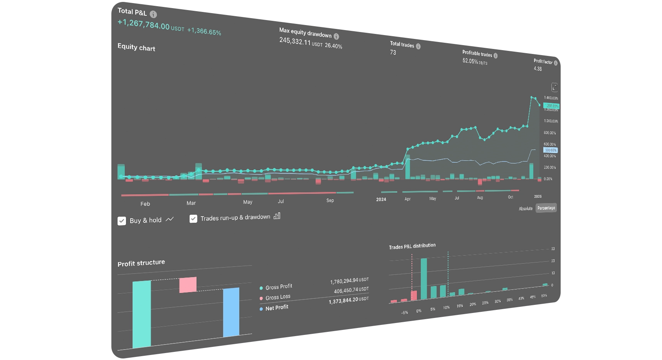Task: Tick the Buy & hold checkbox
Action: [122, 221]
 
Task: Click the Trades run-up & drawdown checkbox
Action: [193, 219]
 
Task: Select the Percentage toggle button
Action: [546, 208]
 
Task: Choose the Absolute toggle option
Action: [525, 209]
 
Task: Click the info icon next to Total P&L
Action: [153, 14]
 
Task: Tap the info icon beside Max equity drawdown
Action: [336, 36]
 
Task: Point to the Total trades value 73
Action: [393, 52]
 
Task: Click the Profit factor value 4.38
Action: [538, 69]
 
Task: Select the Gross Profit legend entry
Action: [279, 287]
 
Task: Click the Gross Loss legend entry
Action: [277, 297]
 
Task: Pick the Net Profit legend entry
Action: [277, 308]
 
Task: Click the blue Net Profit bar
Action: [231, 312]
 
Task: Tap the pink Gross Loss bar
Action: [188, 285]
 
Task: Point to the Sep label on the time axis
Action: [330, 200]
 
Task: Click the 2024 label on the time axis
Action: [381, 199]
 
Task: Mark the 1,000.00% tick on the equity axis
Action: [551, 121]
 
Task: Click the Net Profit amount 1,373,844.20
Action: [343, 301]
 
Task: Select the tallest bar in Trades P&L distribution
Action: [424, 279]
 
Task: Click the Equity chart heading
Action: [136, 47]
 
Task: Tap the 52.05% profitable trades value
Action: [470, 61]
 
